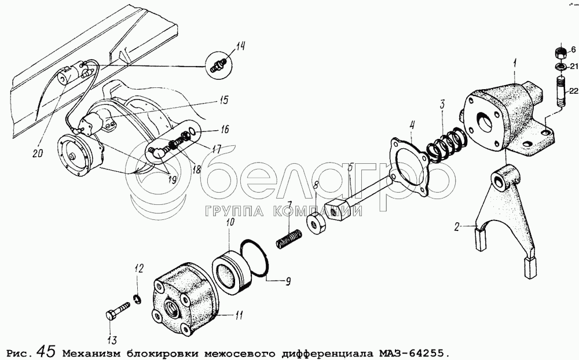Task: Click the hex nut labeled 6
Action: click(x=560, y=53)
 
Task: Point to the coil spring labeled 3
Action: click(x=447, y=145)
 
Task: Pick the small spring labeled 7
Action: click(x=289, y=238)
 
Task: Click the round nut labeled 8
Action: click(x=316, y=223)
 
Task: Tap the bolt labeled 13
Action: click(x=118, y=310)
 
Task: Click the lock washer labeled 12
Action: click(x=137, y=299)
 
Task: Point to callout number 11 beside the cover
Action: click(x=239, y=315)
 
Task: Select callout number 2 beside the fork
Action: click(x=457, y=227)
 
